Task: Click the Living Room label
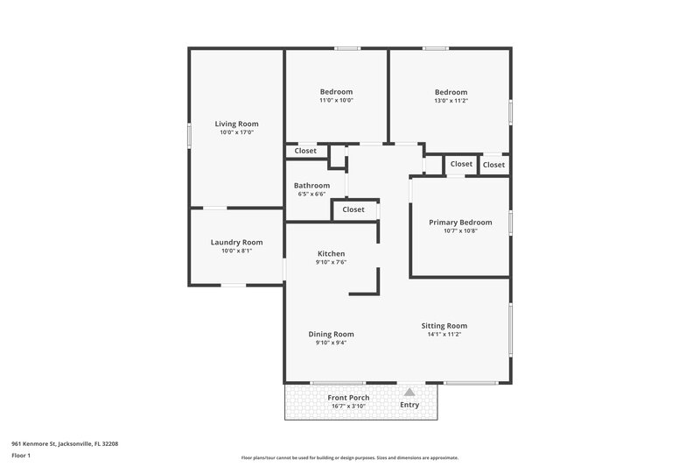tap(236, 124)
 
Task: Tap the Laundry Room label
tap(236, 242)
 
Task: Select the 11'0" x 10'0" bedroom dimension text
tap(336, 100)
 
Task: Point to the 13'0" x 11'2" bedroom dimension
tap(451, 100)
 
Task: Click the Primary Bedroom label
tap(460, 223)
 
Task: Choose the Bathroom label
tap(311, 185)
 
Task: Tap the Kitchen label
tap(331, 253)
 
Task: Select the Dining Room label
tap(331, 334)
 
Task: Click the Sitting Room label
tap(444, 325)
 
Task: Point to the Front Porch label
tap(348, 398)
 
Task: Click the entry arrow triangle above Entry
tap(409, 393)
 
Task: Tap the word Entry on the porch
tap(409, 405)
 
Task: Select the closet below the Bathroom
tap(353, 209)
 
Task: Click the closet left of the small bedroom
tap(305, 151)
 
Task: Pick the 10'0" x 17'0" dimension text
tap(236, 132)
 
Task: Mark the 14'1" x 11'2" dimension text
tap(444, 334)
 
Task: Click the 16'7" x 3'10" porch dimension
tap(348, 406)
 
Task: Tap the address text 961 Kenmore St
tap(65, 444)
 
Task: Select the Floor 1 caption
tap(22, 456)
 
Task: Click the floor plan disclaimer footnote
tap(349, 457)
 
